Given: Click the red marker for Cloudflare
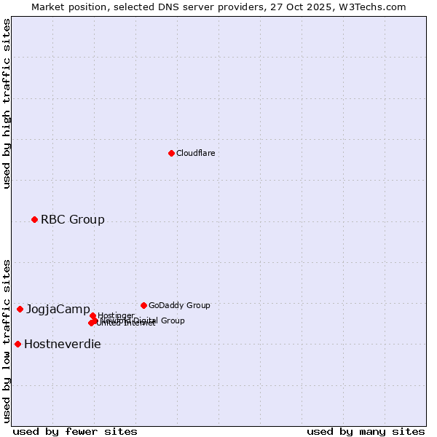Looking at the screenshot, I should click(171, 153).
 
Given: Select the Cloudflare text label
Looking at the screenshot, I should click(195, 153).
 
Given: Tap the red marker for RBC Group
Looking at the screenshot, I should click(34, 219).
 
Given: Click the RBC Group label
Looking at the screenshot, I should click(72, 219).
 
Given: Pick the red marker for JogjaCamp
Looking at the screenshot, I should click(20, 309).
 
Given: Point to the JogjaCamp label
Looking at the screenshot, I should click(58, 310).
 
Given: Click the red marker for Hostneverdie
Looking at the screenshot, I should click(17, 344).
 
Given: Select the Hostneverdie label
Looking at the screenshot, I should click(62, 345).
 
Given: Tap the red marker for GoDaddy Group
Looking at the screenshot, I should click(143, 305).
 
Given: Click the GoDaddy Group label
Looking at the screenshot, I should click(178, 305).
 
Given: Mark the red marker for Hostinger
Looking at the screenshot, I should click(92, 315).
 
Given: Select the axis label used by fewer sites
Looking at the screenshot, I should click(74, 431).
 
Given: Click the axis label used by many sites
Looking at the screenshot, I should click(365, 431).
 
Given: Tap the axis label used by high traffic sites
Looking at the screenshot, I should click(7, 103).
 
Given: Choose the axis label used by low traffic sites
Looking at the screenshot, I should click(7, 340).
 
